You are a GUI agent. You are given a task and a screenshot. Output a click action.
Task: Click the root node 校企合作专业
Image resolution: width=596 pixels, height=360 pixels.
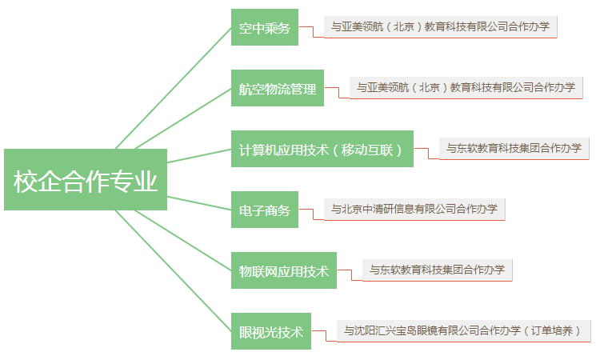[85, 180]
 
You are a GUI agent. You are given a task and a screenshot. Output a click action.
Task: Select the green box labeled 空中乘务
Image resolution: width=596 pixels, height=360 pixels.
[264, 29]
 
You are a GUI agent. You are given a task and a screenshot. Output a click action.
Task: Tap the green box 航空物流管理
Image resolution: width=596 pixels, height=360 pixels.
[278, 89]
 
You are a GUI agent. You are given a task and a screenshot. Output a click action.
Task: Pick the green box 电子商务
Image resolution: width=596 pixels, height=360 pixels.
[264, 210]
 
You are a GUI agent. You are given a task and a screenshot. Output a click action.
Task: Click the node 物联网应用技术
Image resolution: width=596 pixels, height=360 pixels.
[284, 270]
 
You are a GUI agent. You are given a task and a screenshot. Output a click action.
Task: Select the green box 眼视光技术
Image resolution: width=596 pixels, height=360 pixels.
[271, 331]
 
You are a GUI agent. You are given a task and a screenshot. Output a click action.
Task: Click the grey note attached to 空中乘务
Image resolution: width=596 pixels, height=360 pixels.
[440, 26]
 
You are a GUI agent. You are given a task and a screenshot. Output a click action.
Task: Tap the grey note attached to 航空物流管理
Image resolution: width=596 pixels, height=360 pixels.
[466, 87]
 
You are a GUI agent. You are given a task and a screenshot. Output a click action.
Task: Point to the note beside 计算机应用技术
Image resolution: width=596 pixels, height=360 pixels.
[514, 148]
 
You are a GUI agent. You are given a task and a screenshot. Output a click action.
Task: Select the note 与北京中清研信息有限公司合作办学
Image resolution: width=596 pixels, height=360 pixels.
[414, 209]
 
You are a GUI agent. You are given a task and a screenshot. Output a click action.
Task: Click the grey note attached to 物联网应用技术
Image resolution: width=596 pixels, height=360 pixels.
[437, 270]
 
